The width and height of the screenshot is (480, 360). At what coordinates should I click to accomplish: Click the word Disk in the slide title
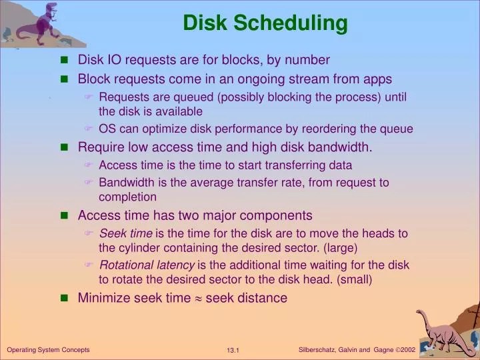click(x=203, y=23)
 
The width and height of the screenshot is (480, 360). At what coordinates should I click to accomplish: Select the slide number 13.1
click(x=233, y=350)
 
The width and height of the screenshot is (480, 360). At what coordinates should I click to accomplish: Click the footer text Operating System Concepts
click(x=48, y=349)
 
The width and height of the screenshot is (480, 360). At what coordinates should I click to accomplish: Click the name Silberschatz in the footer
click(x=320, y=349)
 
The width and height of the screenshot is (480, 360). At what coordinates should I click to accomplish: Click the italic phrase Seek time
click(x=126, y=233)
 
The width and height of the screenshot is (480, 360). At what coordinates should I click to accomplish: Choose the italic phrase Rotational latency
click(x=147, y=265)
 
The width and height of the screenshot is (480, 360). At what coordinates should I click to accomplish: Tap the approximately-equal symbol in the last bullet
click(x=198, y=298)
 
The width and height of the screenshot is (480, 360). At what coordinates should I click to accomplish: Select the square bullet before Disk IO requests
click(x=65, y=61)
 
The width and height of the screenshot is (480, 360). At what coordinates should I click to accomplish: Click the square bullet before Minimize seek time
click(x=65, y=299)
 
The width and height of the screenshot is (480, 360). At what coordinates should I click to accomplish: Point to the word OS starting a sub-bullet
click(x=107, y=129)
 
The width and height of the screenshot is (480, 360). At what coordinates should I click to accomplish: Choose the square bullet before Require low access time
click(x=65, y=147)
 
